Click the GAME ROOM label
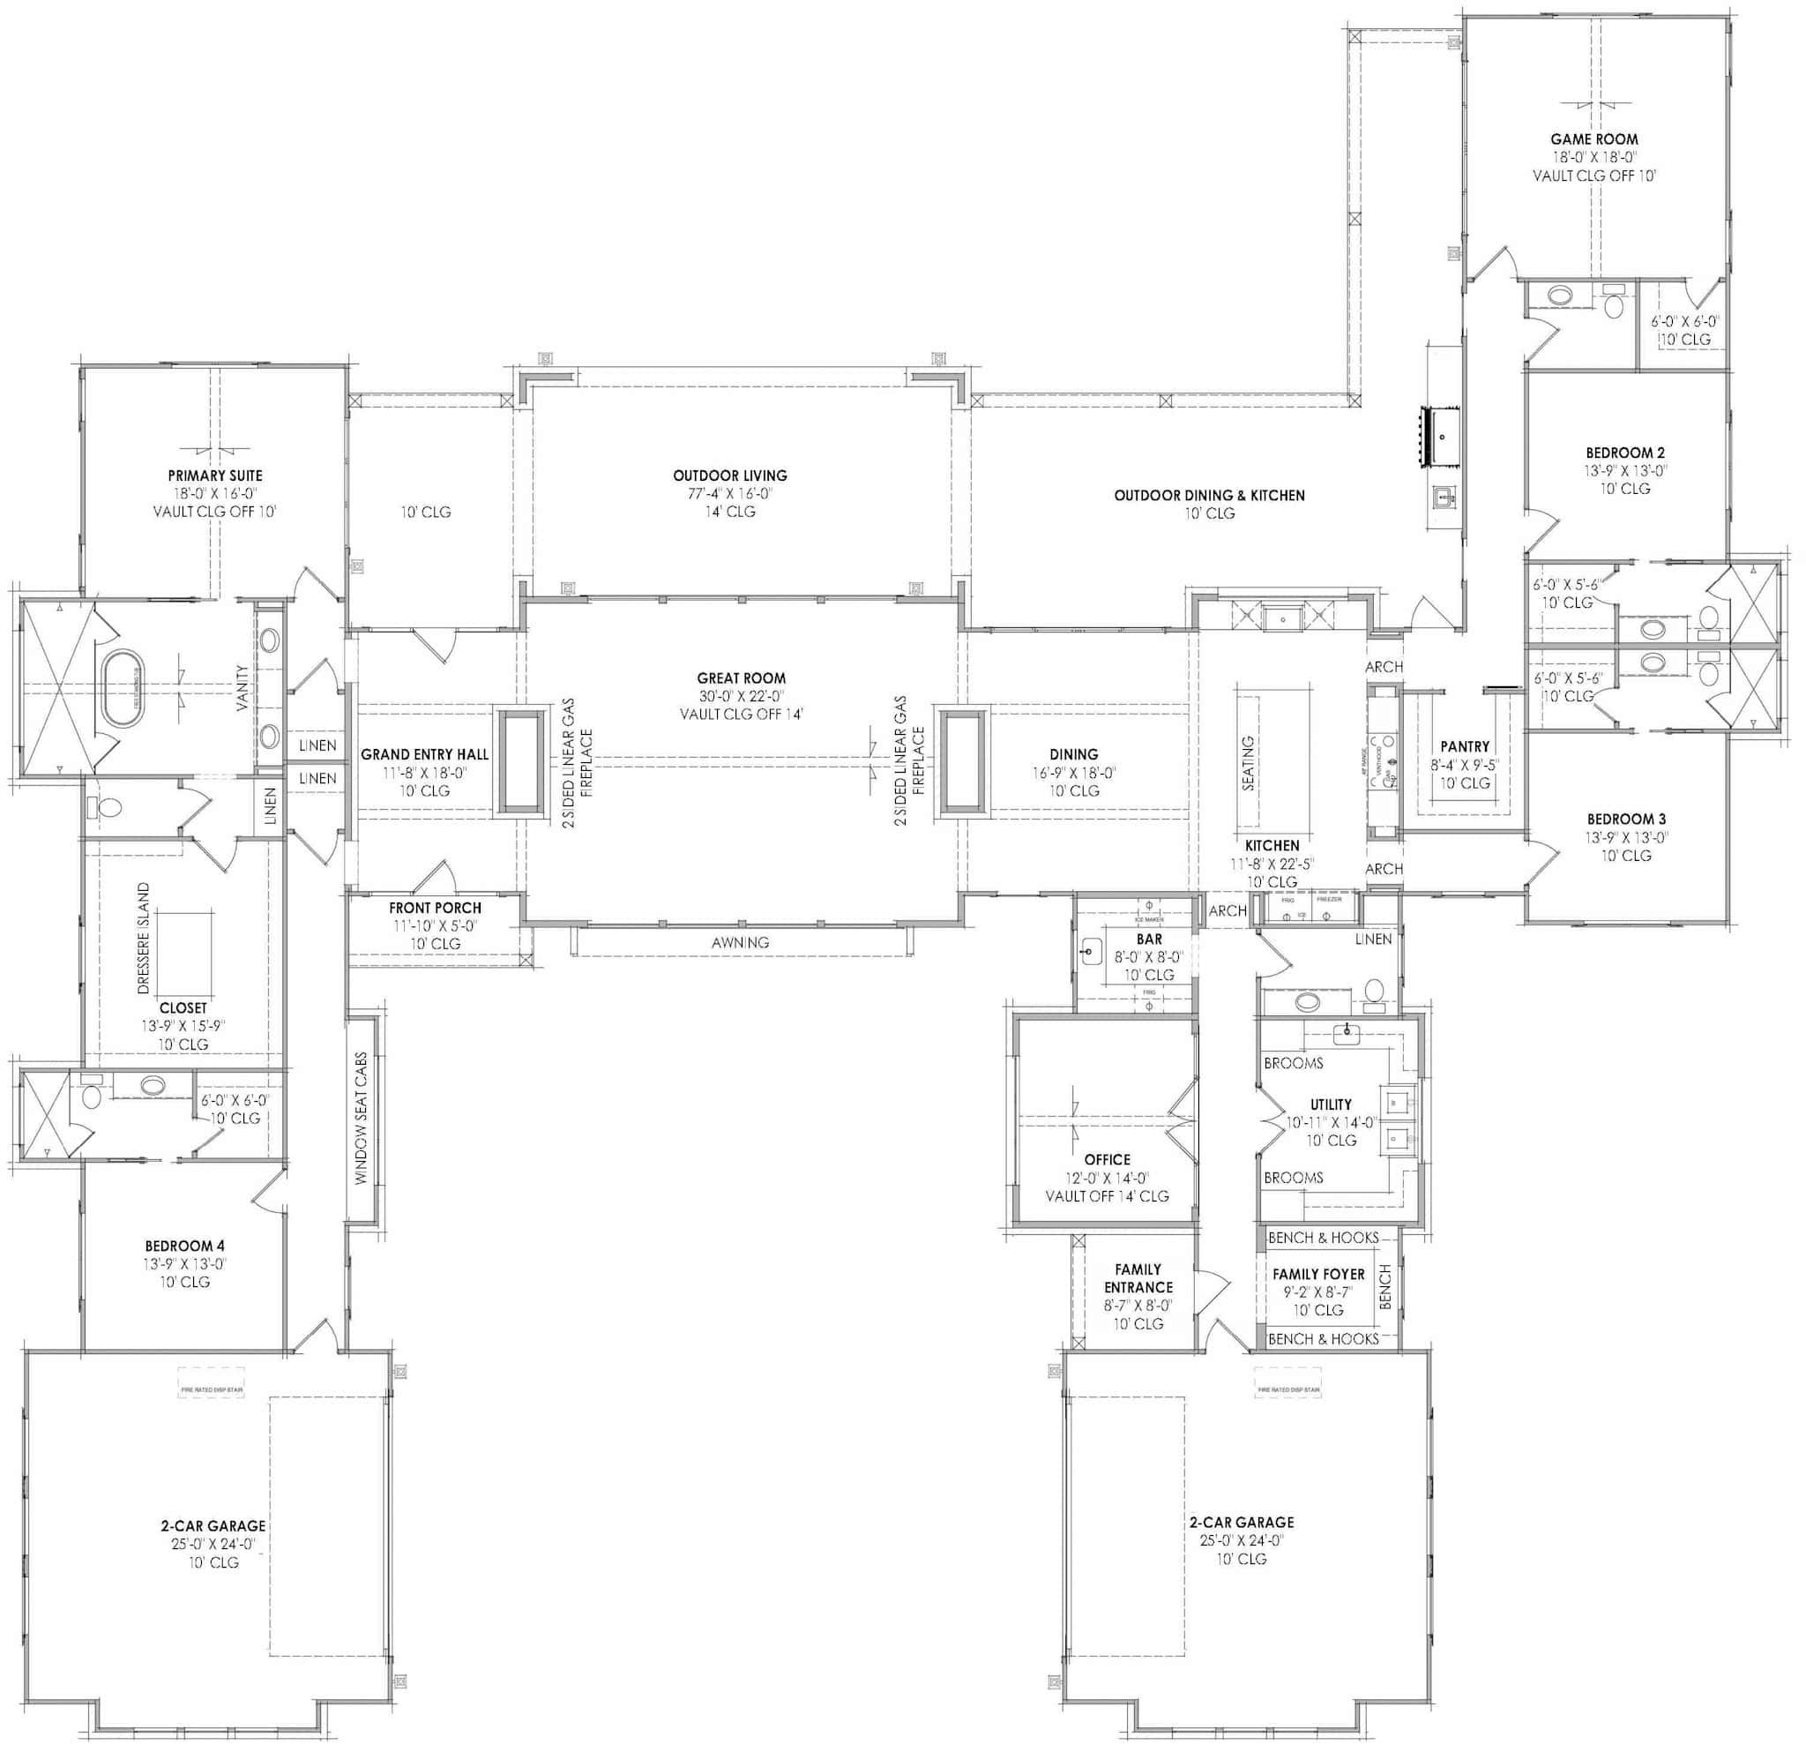click(1594, 139)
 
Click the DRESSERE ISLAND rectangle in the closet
click(184, 948)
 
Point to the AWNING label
click(740, 942)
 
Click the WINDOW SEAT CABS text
click(362, 1118)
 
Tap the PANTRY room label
click(1464, 746)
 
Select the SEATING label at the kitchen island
click(1249, 763)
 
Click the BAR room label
click(1149, 940)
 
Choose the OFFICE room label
click(1107, 1159)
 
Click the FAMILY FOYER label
click(1318, 1274)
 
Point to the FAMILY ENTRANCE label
click(1138, 1278)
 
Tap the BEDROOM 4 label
click(184, 1246)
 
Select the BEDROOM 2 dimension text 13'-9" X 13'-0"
click(1624, 470)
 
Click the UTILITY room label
click(1331, 1104)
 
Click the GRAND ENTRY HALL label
click(425, 755)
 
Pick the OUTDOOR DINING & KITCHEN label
click(1209, 496)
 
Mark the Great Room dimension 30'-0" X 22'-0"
click(741, 697)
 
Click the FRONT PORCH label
click(435, 908)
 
